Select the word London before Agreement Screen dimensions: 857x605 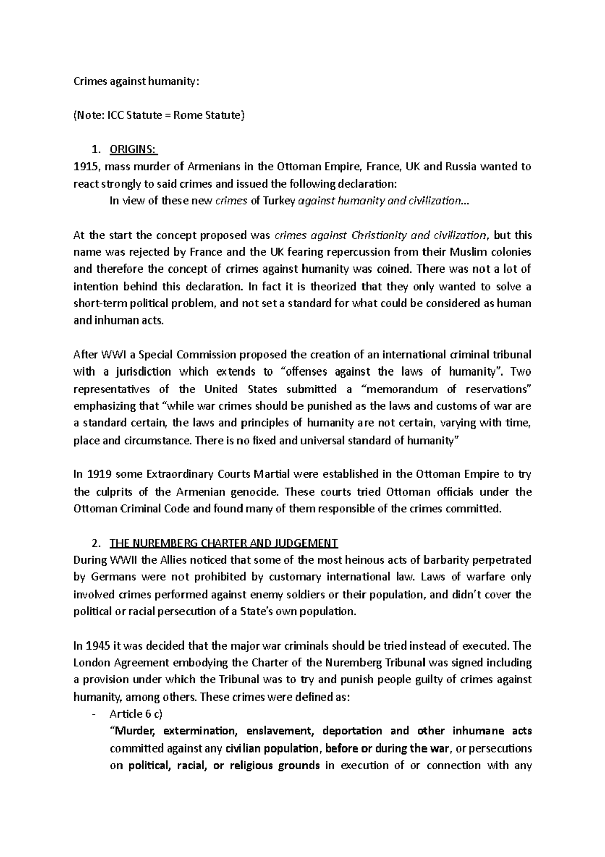coord(90,663)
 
